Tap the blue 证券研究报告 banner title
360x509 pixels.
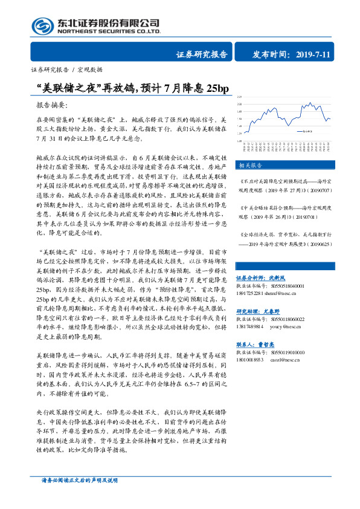(x=202, y=54)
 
